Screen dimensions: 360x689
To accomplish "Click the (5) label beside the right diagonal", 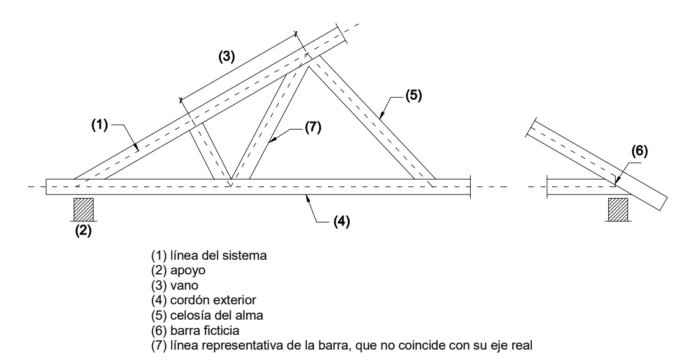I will pos(413,96).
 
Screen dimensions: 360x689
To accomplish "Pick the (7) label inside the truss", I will pos(312,128).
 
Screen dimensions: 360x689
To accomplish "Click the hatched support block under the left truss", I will pos(83,210).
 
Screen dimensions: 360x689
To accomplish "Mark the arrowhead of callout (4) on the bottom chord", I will pos(306,196).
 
